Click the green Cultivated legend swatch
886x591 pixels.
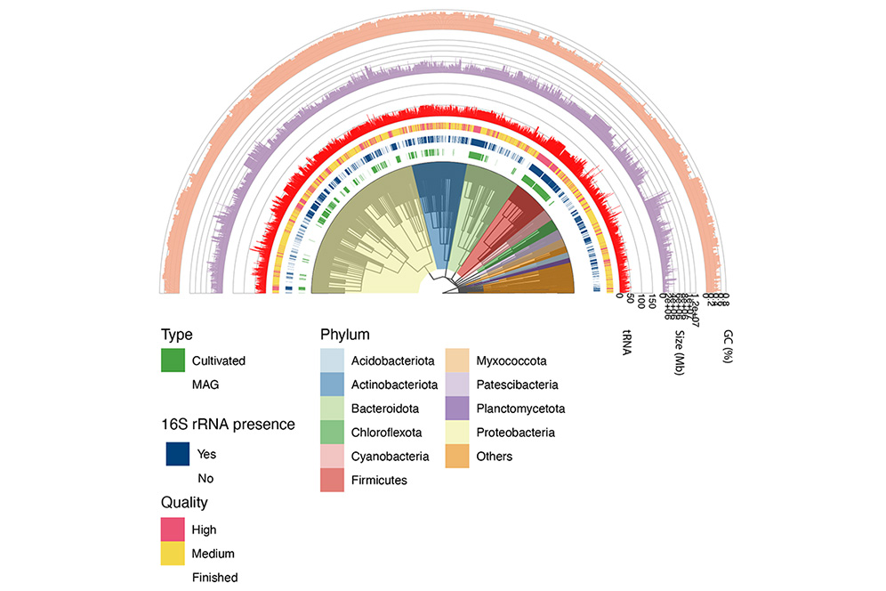pos(173,360)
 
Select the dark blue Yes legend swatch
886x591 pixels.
pos(178,454)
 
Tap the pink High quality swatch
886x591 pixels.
pos(173,530)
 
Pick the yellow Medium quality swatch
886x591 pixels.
pos(173,554)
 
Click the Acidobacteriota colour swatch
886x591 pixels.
pos(333,360)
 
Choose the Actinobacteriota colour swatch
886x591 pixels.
pos(333,385)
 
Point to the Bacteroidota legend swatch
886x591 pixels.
pos(333,409)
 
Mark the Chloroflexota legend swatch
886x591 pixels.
pos(333,433)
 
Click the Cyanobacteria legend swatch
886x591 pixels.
pos(333,457)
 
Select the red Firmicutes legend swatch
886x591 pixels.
pos(333,481)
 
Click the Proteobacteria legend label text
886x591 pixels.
pos(515,433)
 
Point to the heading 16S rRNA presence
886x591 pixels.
pos(228,425)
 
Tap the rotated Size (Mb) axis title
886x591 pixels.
pos(679,353)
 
